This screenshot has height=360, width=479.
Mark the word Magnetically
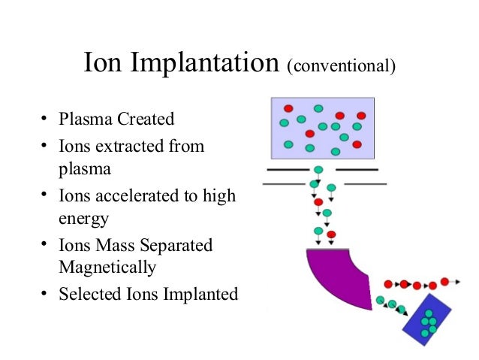[x=107, y=267]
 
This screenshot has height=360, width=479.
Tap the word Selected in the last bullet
[x=87, y=294]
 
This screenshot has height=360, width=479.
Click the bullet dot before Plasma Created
[x=44, y=119]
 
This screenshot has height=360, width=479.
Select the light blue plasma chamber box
[x=322, y=128]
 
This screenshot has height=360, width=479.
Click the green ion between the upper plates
[x=318, y=171]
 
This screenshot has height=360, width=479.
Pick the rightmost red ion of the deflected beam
[x=444, y=282]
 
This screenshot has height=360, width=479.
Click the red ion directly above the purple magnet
[x=318, y=202]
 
